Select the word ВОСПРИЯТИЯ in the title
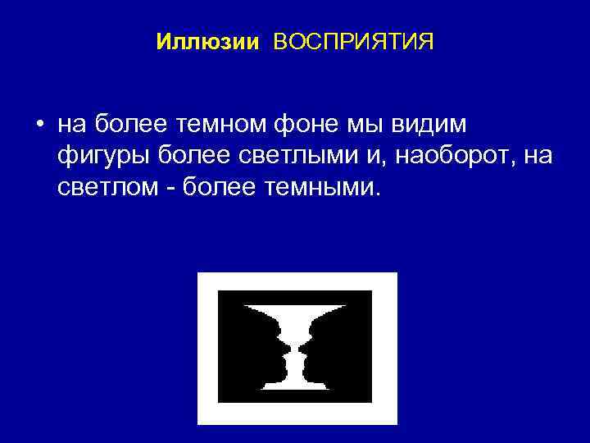point(353,42)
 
